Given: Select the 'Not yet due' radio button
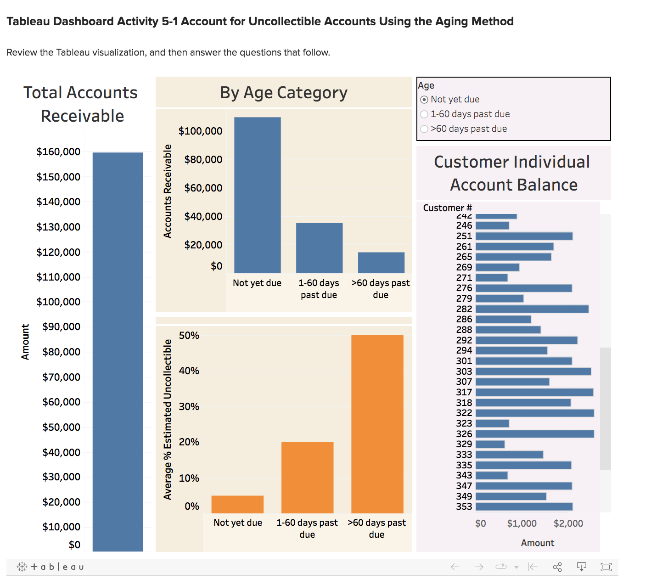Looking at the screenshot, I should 424,100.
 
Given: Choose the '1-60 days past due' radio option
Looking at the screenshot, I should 424,114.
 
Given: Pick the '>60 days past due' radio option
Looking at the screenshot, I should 424,129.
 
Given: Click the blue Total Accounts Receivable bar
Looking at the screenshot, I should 118,351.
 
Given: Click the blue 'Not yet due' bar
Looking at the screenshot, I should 257,195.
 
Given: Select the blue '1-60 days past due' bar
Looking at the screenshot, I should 319,248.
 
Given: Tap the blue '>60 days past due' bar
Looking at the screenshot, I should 381,263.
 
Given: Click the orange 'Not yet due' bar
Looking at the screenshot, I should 237,504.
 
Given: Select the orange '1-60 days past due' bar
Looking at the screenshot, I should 307,478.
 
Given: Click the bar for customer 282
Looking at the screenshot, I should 532,309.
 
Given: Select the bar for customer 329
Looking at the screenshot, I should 490,444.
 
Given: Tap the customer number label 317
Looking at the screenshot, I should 464,392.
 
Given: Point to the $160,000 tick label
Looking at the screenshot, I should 58,152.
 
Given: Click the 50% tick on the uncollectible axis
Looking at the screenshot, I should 189,336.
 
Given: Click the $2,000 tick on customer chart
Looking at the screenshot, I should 568,523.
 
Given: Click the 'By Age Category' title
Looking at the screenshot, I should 284,93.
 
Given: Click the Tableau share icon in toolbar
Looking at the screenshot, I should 557,567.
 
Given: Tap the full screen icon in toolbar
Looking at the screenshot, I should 606,567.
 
